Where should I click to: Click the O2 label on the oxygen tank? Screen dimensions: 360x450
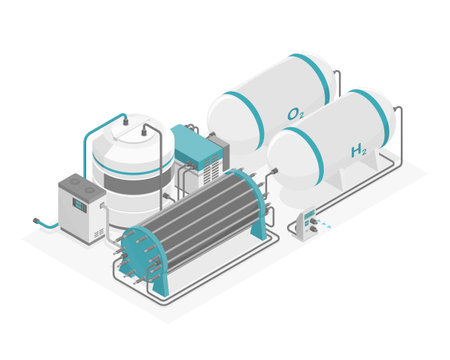pyautogui.click(x=295, y=114)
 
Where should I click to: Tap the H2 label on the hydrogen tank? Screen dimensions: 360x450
pyautogui.click(x=357, y=151)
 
